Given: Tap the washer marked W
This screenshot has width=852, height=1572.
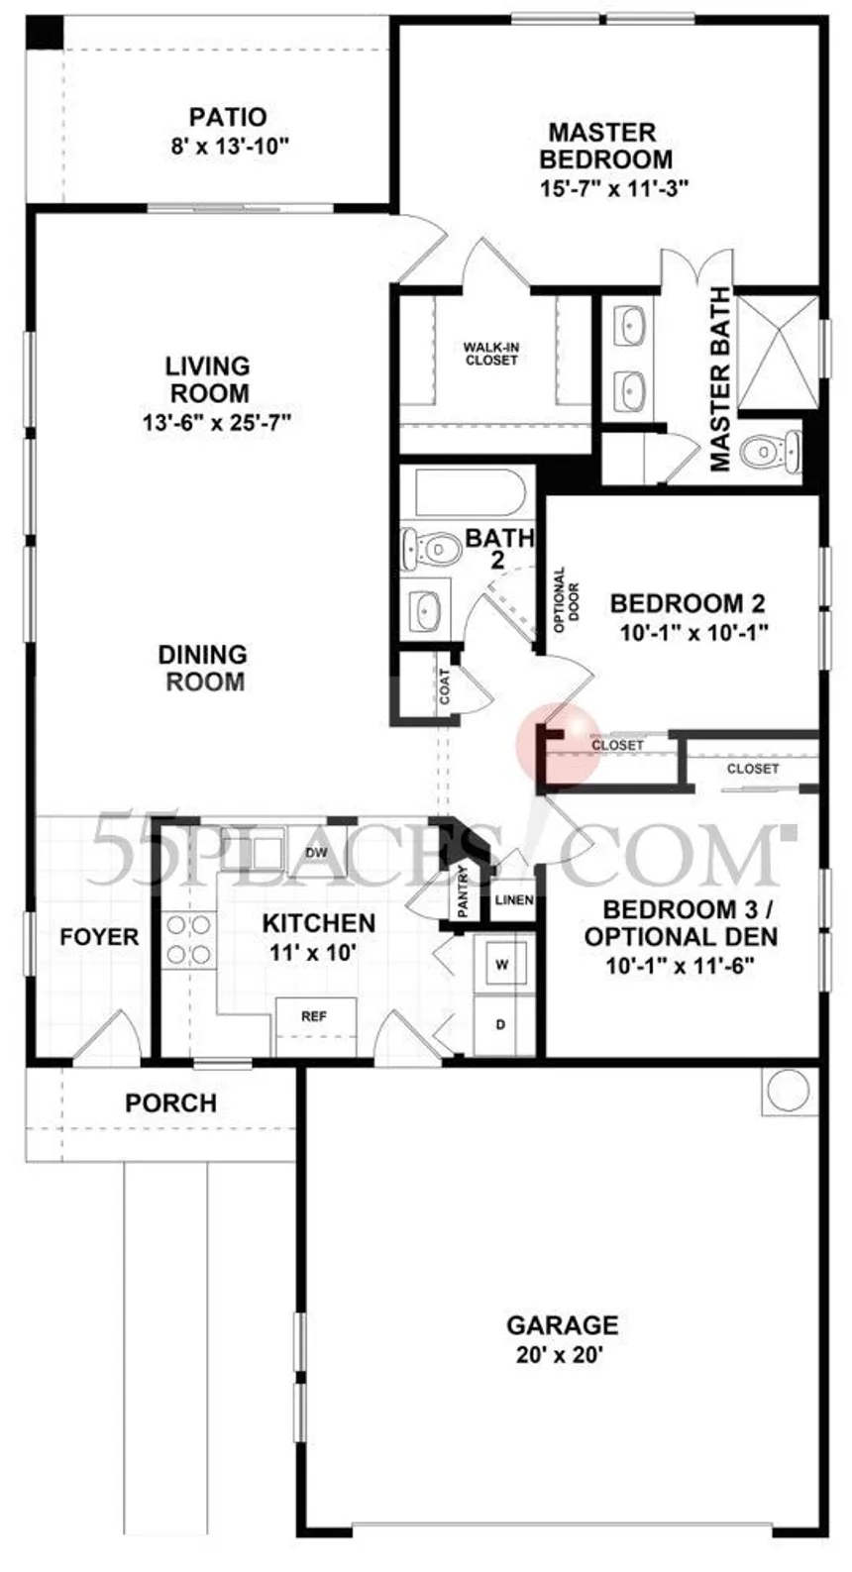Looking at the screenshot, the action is click(502, 965).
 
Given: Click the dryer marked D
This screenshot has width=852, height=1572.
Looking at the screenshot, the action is click(502, 1025).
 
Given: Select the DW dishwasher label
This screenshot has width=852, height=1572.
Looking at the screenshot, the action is click(317, 853).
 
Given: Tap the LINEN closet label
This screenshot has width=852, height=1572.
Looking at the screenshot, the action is click(514, 899).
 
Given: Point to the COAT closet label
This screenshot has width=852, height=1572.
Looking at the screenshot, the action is click(444, 686).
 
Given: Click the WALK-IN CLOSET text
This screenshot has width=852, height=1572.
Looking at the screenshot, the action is click(491, 353).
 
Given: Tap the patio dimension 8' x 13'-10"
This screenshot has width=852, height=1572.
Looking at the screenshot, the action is click(230, 146).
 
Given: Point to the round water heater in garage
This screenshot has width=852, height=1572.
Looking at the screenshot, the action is click(789, 1090).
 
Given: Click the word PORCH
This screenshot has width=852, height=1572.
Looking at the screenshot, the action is click(170, 1103).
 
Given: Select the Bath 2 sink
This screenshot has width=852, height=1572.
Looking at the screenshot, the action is click(426, 610).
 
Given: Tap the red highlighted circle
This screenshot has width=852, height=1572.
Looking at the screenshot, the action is click(558, 744).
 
